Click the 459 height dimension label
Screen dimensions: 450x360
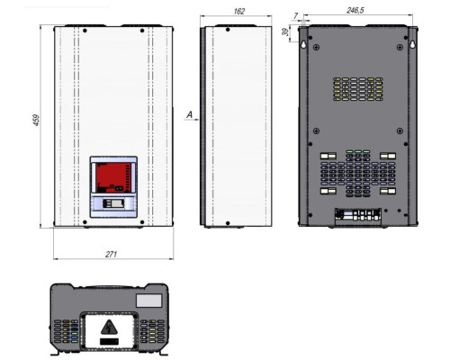pos(36,120)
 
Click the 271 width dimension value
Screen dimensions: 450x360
pos(111,255)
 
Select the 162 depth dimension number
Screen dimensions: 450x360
pos(238,12)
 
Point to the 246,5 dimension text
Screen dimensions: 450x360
pos(355,11)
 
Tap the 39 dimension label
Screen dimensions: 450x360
pos(286,31)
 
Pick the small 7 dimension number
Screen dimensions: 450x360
pos(296,15)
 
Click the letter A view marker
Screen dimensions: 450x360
pos(190,114)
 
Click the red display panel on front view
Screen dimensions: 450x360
pos(112,178)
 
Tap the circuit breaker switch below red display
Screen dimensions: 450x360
pos(113,203)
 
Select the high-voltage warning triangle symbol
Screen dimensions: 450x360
pos(109,328)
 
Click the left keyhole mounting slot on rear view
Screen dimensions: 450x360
pos(303,44)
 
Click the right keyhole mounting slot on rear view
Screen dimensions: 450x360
pos(413,44)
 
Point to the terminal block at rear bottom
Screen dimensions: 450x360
pos(358,216)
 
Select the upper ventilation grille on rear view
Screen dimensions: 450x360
pos(358,89)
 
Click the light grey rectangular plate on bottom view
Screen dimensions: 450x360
pos(149,301)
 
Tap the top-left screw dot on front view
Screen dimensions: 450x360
pos(85,31)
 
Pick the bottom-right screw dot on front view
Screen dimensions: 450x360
pos(142,222)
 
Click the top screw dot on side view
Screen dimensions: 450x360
pos(228,30)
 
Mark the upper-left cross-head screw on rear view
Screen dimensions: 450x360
pos(316,48)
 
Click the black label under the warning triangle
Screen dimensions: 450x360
pos(109,342)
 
